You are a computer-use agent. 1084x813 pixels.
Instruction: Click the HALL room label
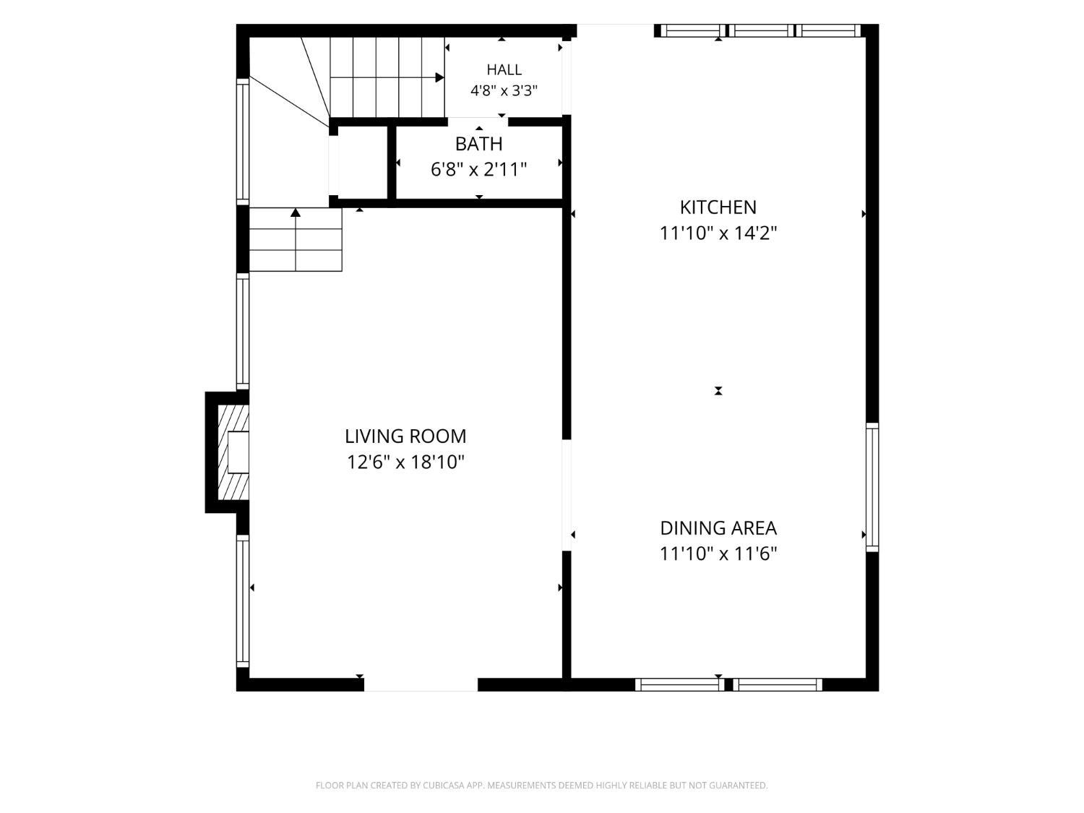pyautogui.click(x=504, y=69)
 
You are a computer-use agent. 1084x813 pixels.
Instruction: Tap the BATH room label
pyautogui.click(x=478, y=144)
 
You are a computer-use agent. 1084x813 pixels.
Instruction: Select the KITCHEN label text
pyautogui.click(x=718, y=207)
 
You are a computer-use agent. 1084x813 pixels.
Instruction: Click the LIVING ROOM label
pyautogui.click(x=405, y=436)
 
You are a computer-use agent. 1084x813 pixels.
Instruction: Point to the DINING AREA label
pyautogui.click(x=718, y=528)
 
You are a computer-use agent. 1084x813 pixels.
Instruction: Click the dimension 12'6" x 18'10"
pyautogui.click(x=405, y=463)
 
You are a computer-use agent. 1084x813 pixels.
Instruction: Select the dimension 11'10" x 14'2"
pyautogui.click(x=718, y=233)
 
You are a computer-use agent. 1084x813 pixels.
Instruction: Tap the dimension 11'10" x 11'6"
pyautogui.click(x=718, y=554)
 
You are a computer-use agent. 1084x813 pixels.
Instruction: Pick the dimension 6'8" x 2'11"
pyautogui.click(x=478, y=170)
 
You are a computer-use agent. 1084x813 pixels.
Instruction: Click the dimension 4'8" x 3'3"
pyautogui.click(x=504, y=91)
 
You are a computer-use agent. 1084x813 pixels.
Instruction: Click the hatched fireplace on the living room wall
pyautogui.click(x=233, y=452)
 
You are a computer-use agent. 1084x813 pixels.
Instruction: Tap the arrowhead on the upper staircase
pyautogui.click(x=439, y=77)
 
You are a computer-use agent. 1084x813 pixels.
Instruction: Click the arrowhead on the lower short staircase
pyautogui.click(x=296, y=212)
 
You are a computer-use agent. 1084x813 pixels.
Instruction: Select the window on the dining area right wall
pyautogui.click(x=872, y=487)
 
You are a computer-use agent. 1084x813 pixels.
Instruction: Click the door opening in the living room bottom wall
pyautogui.click(x=421, y=684)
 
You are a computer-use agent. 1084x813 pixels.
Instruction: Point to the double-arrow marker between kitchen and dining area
pyautogui.click(x=718, y=391)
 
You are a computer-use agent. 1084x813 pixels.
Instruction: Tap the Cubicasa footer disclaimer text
pyautogui.click(x=542, y=786)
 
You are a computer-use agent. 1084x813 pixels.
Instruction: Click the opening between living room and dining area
pyautogui.click(x=567, y=495)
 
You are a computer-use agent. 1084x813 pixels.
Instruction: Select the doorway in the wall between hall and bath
pyautogui.click(x=478, y=122)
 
